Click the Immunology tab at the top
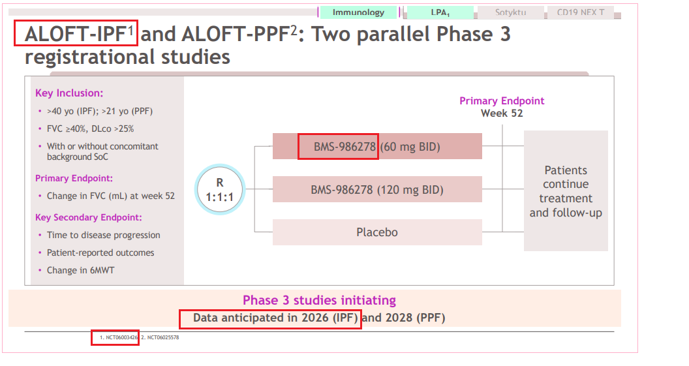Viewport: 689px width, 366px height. coord(358,12)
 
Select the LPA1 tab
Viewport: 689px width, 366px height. coord(440,12)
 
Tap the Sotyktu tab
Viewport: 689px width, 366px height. coord(511,12)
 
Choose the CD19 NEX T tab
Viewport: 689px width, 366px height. coord(581,12)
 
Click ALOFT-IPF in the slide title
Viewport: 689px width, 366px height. coord(76,34)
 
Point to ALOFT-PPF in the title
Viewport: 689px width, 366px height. coord(235,34)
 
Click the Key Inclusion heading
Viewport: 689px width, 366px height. coord(69,93)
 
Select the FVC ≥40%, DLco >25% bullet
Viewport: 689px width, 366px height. coord(91,129)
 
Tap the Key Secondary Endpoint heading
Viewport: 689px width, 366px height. coord(88,217)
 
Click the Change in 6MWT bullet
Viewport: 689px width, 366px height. coord(81,270)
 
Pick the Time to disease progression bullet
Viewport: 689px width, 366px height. coord(104,235)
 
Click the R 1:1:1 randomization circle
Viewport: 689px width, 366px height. coord(220,189)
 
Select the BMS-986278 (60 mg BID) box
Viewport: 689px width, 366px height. coord(377,146)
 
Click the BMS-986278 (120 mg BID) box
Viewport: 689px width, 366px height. coord(377,189)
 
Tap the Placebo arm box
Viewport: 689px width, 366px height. coord(377,232)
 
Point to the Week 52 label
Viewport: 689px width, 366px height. coord(502,114)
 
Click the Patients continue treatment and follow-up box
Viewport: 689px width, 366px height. coord(566,191)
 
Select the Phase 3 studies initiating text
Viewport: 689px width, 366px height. coord(320,300)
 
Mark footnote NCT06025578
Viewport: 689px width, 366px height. coord(160,337)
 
